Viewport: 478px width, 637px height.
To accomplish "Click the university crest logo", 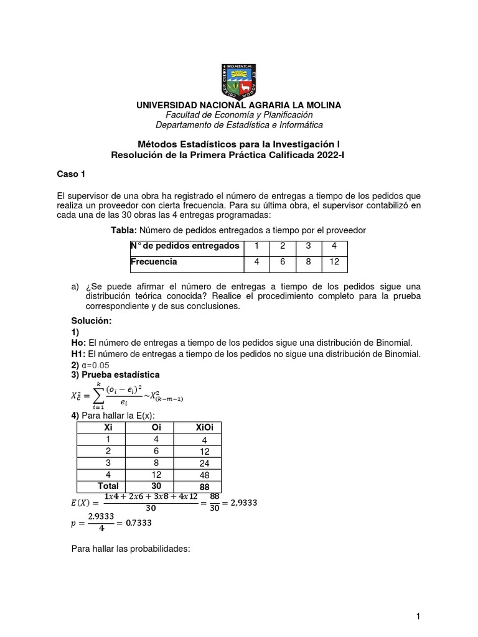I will tap(239, 80).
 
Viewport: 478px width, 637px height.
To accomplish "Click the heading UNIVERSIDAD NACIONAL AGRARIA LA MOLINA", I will tap(239, 105).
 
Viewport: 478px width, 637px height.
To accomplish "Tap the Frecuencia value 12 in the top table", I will tap(334, 262).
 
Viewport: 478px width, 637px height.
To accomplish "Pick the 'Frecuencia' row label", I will tap(154, 262).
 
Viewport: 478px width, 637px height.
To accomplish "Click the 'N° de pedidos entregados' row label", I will tap(185, 246).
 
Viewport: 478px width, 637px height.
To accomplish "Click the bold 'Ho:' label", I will tap(79, 343).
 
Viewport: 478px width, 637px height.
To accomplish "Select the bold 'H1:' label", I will tap(79, 354).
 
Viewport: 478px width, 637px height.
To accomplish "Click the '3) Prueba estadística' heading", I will tap(116, 375).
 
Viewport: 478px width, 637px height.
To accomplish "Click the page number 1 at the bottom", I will tap(419, 616).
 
